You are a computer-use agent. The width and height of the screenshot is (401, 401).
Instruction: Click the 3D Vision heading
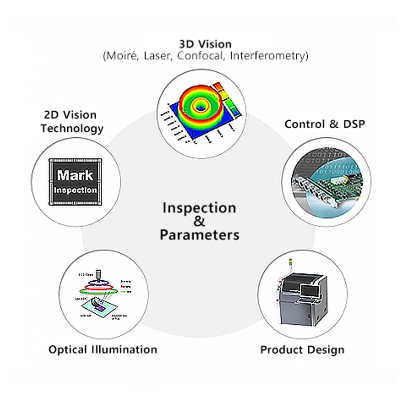coord(205,43)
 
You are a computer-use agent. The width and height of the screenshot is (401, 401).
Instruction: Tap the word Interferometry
coord(268,56)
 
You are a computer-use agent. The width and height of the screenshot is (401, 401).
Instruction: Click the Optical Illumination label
coord(103,349)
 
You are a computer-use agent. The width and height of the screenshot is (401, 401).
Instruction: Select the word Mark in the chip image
coord(75,175)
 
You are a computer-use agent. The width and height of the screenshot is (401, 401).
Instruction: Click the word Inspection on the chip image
coord(75,190)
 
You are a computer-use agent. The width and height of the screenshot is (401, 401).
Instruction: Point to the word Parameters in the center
coord(199,234)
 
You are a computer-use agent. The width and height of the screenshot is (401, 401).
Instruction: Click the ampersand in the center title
coord(199,221)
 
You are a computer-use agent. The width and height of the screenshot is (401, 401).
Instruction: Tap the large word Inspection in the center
coord(199,208)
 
